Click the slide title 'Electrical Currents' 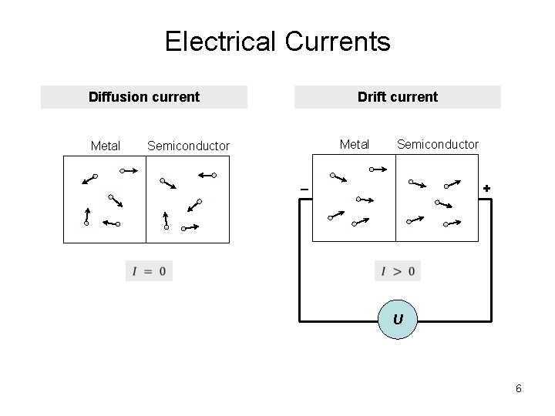(277, 42)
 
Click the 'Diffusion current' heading (144, 97)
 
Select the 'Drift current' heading (397, 97)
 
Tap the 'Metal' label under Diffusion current (106, 146)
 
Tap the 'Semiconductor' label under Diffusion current (188, 146)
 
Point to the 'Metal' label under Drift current (355, 144)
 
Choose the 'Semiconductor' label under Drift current (437, 144)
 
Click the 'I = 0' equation (149, 271)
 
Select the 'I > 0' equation (398, 271)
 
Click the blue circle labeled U (397, 320)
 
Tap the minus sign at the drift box (304, 190)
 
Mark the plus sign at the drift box (486, 189)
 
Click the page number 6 (519, 388)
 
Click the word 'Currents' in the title (337, 42)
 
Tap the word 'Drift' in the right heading (374, 97)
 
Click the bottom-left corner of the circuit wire (301, 319)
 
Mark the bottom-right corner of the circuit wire (490, 319)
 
